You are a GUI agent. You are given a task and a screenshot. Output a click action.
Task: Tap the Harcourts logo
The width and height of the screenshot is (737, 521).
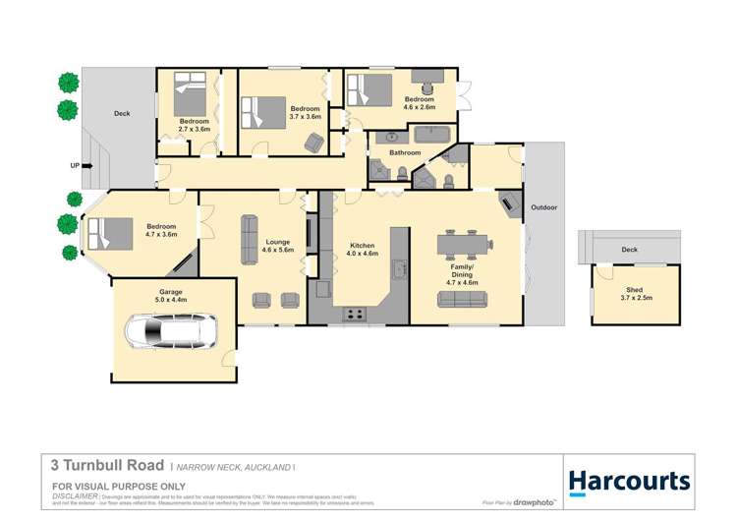[x=630, y=482]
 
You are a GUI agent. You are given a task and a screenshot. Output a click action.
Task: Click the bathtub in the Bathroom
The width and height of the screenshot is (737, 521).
[x=428, y=134]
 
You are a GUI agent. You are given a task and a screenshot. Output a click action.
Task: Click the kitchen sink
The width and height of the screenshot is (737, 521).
[x=399, y=269]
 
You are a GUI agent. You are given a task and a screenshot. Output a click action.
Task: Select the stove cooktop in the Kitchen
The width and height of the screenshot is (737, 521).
[x=354, y=315]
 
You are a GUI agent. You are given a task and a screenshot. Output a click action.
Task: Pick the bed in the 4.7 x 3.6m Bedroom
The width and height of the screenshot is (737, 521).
[x=110, y=234]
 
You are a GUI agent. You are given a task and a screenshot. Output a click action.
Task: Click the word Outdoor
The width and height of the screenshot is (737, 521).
[x=544, y=207]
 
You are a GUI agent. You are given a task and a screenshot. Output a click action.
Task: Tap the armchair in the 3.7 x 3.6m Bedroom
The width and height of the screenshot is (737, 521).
[x=313, y=142]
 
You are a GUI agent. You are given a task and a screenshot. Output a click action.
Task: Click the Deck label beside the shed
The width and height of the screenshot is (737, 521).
[x=629, y=250]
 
